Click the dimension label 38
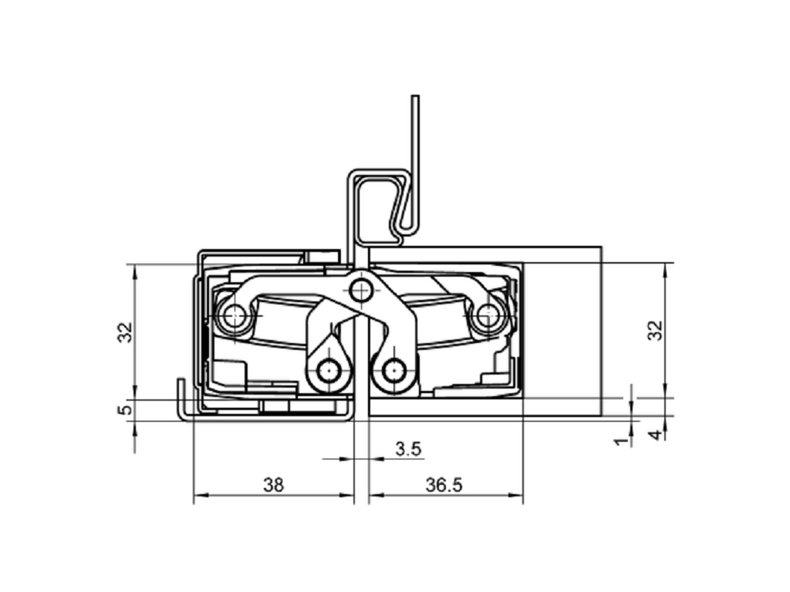(273, 485)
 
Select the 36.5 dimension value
(444, 485)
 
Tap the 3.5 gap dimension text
(408, 449)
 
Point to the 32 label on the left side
(125, 332)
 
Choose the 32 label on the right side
(656, 330)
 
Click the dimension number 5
(126, 409)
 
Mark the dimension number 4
(656, 435)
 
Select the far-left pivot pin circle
(235, 316)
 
